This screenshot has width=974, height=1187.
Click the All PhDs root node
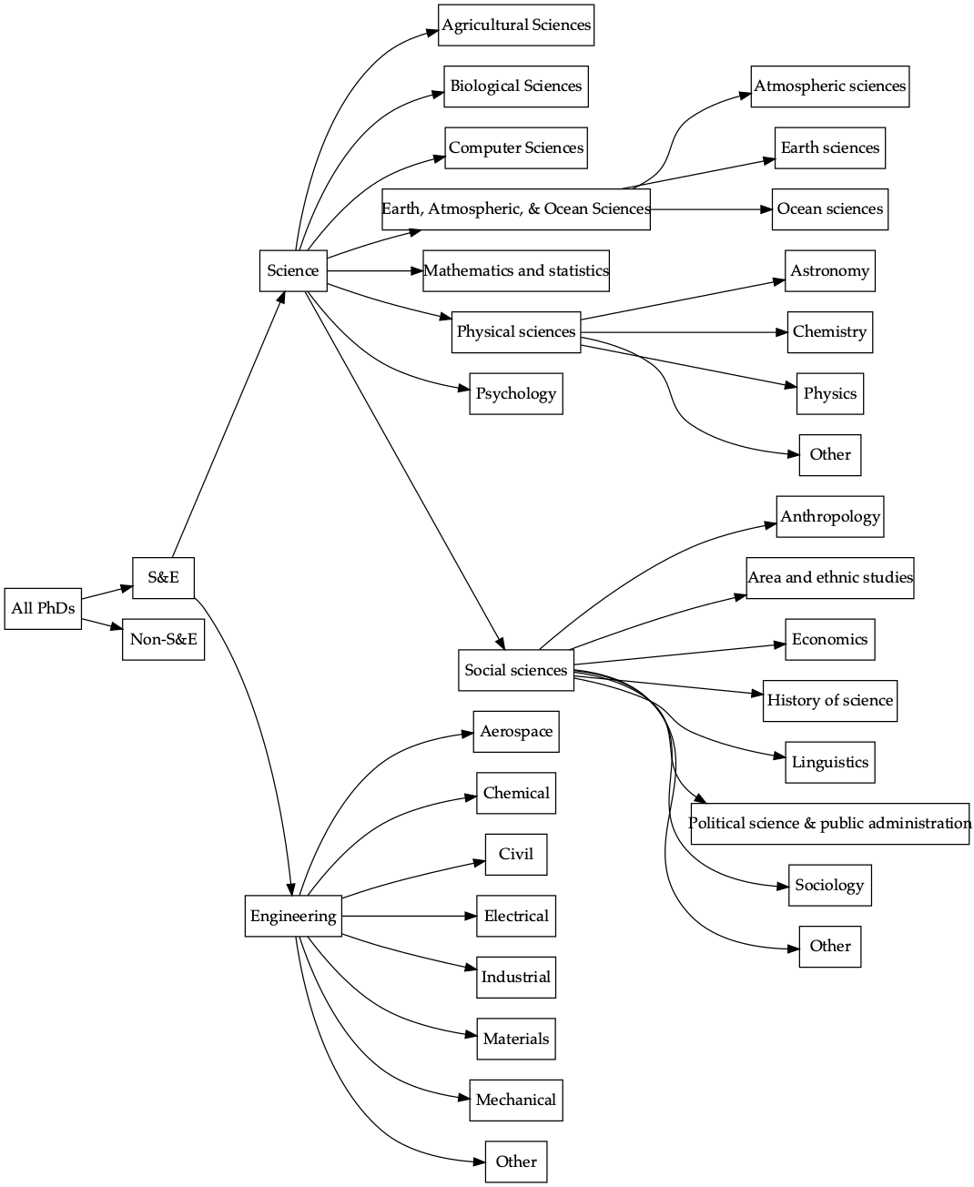pyautogui.click(x=43, y=608)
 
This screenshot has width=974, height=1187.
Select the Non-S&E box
pyautogui.click(x=163, y=639)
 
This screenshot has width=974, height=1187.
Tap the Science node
pyautogui.click(x=293, y=271)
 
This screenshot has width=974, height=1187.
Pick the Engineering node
pyautogui.click(x=293, y=916)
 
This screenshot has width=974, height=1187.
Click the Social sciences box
pyautogui.click(x=516, y=670)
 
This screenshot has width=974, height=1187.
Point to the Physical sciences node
pyautogui.click(x=516, y=332)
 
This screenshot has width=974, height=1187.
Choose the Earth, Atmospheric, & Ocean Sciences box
pyautogui.click(x=516, y=209)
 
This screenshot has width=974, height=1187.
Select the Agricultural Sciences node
pyautogui.click(x=516, y=25)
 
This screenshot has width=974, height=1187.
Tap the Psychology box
pyautogui.click(x=516, y=394)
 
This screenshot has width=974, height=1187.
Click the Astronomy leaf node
pyautogui.click(x=829, y=271)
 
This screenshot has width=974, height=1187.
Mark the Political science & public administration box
pyautogui.click(x=829, y=824)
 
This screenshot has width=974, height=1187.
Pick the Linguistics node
pyautogui.click(x=829, y=763)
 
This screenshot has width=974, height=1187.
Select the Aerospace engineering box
pyautogui.click(x=516, y=732)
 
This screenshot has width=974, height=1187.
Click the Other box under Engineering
pyautogui.click(x=516, y=1162)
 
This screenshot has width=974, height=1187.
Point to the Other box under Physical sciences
pyautogui.click(x=829, y=455)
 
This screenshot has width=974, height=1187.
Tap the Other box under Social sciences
pyautogui.click(x=829, y=947)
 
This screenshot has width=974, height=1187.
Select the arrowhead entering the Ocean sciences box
pyautogui.click(x=766, y=209)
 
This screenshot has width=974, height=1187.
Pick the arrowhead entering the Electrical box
pyautogui.click(x=471, y=916)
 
